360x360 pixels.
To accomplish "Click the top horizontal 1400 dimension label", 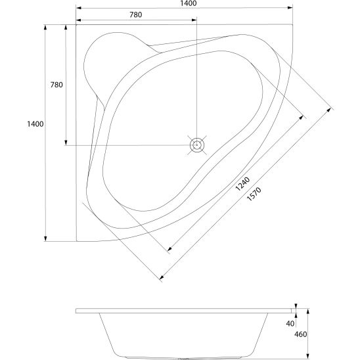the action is (x=189, y=3).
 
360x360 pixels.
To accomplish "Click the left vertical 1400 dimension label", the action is (x=35, y=124).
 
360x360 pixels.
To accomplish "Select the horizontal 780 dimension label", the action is (x=136, y=14).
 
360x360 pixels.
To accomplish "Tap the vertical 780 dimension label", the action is (x=56, y=85).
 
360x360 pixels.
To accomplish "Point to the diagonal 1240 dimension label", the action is (x=242, y=184).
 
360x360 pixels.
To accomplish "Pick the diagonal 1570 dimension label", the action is (x=254, y=194).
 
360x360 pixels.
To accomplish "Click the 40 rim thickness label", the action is (x=290, y=323).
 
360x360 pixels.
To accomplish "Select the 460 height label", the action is (x=300, y=334).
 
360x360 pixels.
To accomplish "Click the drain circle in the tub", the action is (x=197, y=145).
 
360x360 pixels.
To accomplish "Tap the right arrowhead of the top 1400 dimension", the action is (x=290, y=8).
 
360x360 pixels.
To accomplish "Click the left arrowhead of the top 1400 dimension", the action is (x=79, y=8).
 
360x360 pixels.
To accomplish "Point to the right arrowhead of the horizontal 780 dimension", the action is (x=194, y=20).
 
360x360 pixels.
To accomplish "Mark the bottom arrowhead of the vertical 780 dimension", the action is (x=66, y=143).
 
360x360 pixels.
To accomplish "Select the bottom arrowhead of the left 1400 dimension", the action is (x=45, y=238).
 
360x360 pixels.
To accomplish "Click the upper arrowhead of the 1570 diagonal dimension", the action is (x=329, y=110).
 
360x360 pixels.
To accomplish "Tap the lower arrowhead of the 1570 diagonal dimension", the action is (x=162, y=277).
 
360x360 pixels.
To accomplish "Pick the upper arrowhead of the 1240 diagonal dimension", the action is (x=301, y=118).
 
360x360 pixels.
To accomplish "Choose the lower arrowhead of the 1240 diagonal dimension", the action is (x=170, y=249).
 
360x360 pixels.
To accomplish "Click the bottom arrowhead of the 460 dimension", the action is (x=308, y=357).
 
